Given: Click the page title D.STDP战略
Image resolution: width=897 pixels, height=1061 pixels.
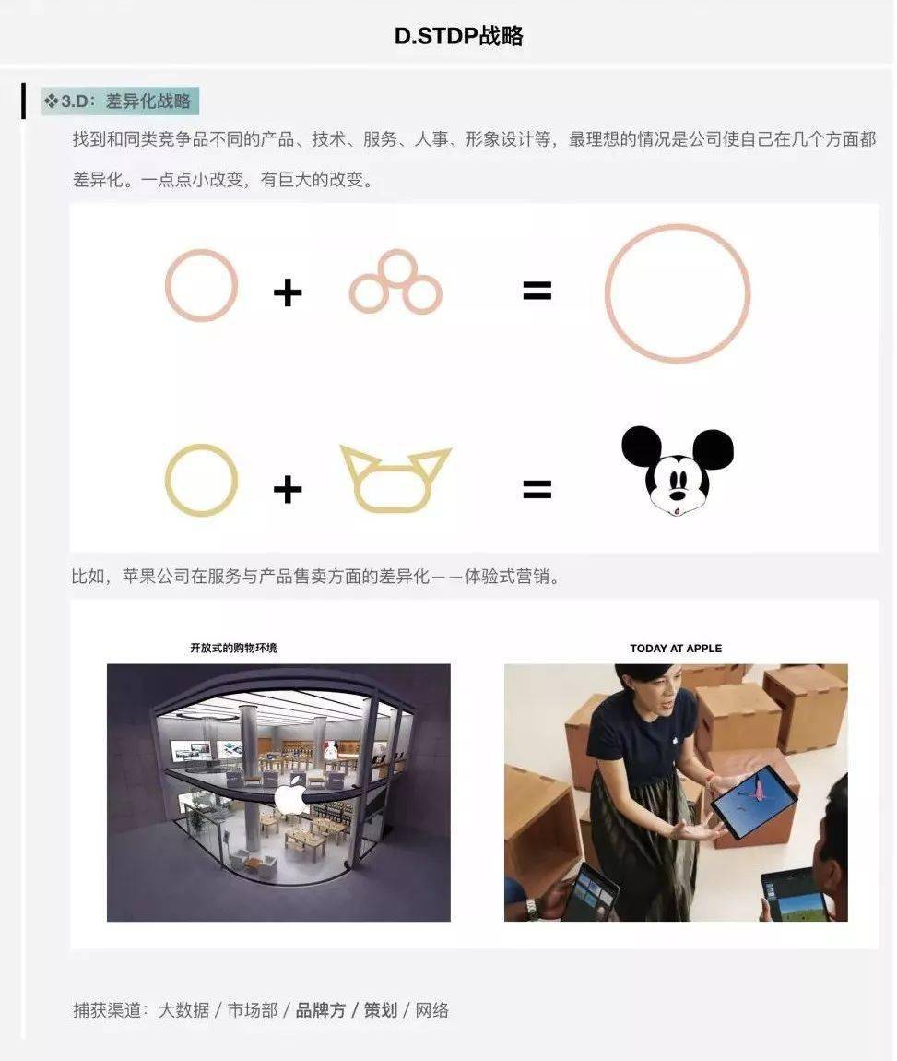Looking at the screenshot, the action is coord(459,36).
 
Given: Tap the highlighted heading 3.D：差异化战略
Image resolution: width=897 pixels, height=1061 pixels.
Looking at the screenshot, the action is coord(120,101).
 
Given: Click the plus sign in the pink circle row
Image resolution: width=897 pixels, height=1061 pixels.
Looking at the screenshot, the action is coord(288,293).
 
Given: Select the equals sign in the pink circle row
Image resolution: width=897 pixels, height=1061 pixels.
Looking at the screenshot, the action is coord(537,291).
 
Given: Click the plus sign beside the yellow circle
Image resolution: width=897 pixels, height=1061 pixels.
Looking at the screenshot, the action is coord(288,489).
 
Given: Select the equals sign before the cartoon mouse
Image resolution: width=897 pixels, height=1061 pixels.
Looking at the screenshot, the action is coord(537,489).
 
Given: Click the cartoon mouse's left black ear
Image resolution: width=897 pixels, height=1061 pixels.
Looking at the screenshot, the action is coord(641,446).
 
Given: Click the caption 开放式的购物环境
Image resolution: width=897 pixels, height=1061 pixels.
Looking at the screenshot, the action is coord(233,648).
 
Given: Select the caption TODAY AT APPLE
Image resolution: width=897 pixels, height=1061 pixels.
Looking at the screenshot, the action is coord(676,649).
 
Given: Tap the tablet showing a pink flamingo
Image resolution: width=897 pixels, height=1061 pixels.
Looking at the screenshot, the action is coord(754,802).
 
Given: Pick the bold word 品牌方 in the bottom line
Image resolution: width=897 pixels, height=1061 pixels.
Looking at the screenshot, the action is coord(321,1010).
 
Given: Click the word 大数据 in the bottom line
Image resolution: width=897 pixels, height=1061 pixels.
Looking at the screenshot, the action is coord(183,1010).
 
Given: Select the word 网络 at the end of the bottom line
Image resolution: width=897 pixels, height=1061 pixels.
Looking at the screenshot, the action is coord(432,1010).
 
